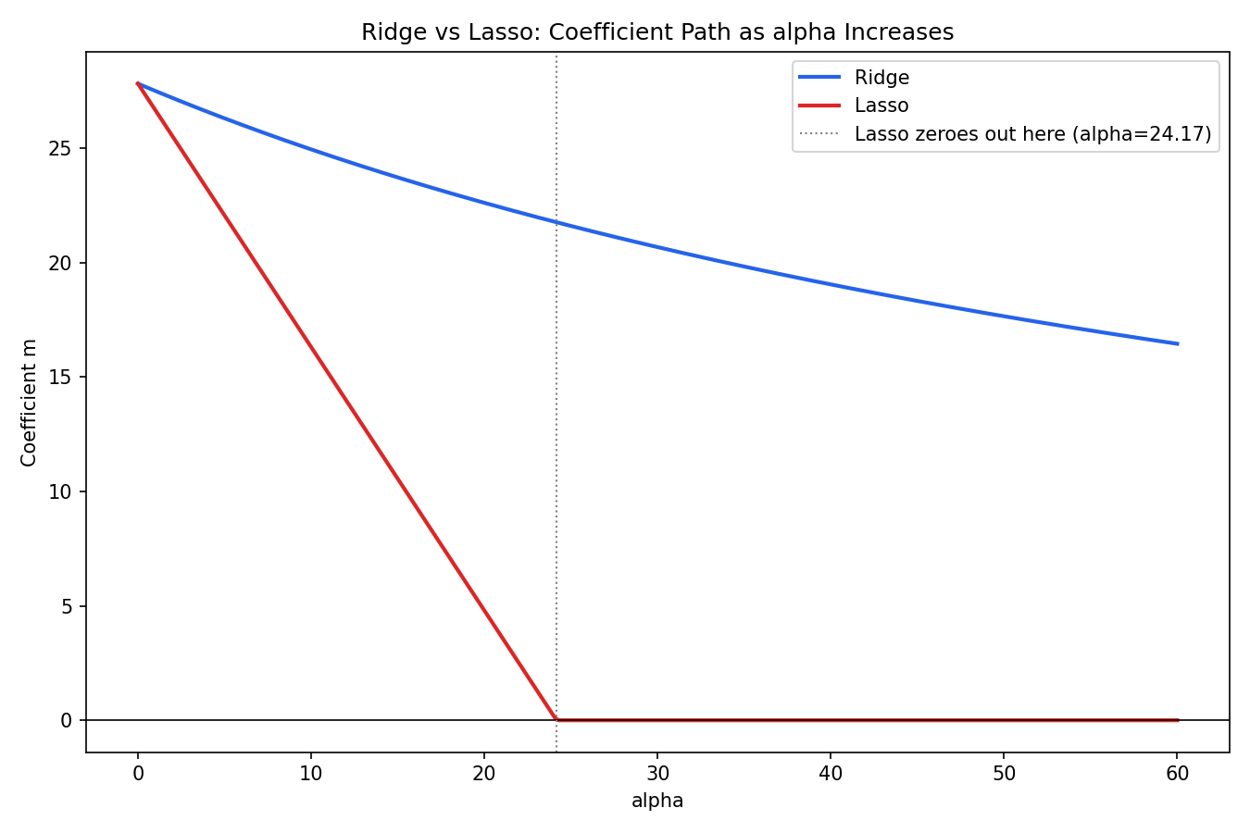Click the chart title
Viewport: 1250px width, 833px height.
(657, 32)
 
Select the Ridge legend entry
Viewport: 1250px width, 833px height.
(853, 78)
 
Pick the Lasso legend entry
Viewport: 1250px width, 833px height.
(853, 106)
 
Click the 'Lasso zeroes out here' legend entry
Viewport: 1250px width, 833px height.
(1005, 134)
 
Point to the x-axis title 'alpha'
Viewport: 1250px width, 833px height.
(657, 802)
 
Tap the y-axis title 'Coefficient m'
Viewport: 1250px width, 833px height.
(29, 403)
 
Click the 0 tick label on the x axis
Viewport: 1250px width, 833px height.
(138, 773)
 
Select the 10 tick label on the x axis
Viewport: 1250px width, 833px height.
(311, 773)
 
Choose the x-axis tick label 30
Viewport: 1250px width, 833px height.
(657, 773)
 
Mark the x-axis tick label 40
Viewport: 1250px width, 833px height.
(831, 773)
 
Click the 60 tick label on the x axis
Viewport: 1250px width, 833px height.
(1177, 773)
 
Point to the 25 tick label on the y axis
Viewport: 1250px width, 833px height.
(60, 149)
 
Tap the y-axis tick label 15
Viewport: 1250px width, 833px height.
(60, 378)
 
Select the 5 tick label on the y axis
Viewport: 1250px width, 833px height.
(67, 606)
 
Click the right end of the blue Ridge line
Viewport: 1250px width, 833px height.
(1178, 343)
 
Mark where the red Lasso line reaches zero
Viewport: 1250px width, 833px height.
(556, 720)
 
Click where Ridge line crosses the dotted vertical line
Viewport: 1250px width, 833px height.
(556, 223)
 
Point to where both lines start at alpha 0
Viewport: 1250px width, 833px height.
(138, 83)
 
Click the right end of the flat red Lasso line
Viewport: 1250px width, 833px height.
(1178, 720)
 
